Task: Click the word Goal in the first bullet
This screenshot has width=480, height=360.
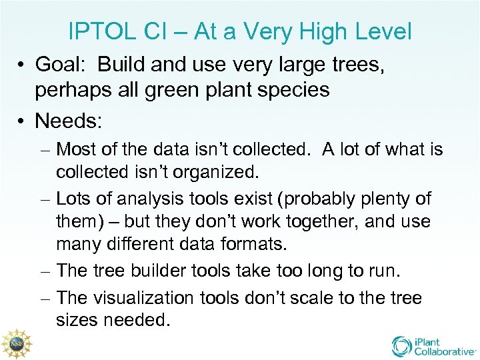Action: pyautogui.click(x=59, y=65)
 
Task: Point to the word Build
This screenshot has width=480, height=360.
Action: pyautogui.click(x=124, y=65)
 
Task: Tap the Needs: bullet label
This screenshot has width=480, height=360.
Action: pyautogui.click(x=66, y=121)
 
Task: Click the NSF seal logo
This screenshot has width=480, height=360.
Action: pyautogui.click(x=16, y=343)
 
